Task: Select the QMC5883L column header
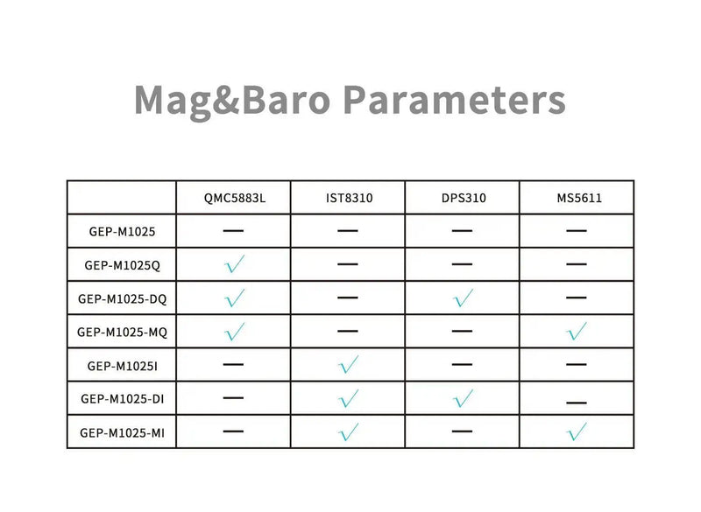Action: click(x=233, y=198)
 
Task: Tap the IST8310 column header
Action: click(x=348, y=198)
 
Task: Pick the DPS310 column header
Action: click(x=462, y=198)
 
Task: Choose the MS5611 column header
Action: click(x=577, y=198)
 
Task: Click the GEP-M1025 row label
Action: click(x=122, y=231)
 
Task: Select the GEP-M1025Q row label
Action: click(x=122, y=264)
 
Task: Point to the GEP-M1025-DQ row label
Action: click(x=122, y=298)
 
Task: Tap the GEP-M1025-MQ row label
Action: click(x=122, y=332)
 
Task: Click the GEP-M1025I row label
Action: click(x=122, y=365)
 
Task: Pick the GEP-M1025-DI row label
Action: click(x=122, y=398)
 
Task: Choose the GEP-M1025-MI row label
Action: click(x=122, y=431)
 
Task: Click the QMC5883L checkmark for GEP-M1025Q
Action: click(x=233, y=264)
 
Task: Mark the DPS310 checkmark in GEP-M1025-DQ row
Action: click(x=463, y=298)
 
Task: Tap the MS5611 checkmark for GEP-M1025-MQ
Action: click(x=577, y=332)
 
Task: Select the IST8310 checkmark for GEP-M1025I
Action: click(x=348, y=365)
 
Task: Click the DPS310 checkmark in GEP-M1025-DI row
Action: click(x=463, y=398)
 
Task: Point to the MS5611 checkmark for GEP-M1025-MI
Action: click(x=577, y=431)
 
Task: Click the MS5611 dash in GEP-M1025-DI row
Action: click(x=577, y=403)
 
